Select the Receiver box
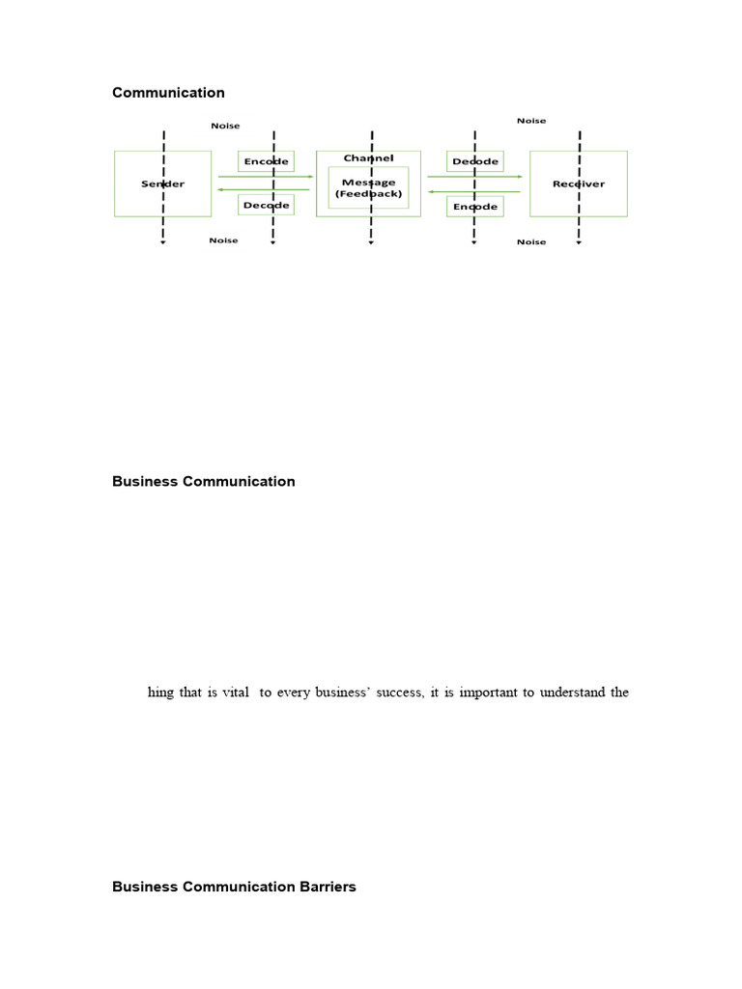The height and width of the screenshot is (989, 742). (578, 184)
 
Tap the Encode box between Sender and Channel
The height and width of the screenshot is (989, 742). (266, 161)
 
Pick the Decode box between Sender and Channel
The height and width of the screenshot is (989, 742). (266, 205)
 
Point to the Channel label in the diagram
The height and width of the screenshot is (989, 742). (368, 157)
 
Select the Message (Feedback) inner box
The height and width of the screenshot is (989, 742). (368, 187)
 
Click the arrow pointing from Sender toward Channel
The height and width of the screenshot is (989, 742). (266, 177)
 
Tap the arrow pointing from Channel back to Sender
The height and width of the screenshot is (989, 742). (266, 190)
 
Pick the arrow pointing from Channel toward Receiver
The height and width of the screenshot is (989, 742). (474, 177)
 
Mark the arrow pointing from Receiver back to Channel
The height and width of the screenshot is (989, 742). (474, 190)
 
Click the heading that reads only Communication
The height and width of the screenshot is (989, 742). (168, 93)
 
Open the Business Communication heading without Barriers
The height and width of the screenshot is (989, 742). (204, 481)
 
